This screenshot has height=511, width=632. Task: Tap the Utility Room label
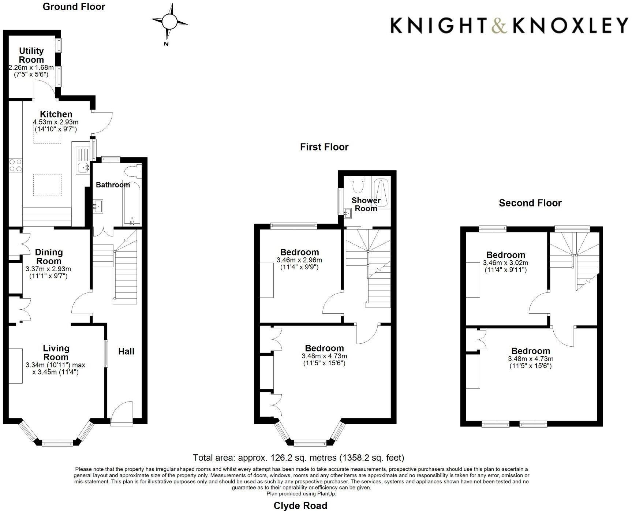click(31, 55)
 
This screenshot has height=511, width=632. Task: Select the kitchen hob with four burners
click(15, 165)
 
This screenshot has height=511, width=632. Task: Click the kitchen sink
click(84, 168)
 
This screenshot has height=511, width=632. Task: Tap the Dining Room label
click(49, 257)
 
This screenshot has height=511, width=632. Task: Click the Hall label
click(126, 351)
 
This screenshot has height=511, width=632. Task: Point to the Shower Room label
click(366, 204)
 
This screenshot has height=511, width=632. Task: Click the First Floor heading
click(324, 147)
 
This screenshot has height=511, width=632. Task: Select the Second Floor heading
click(530, 203)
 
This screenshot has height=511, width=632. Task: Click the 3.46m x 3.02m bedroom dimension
click(505, 263)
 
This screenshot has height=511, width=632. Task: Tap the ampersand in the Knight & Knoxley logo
click(500, 26)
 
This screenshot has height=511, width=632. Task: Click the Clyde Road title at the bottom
click(300, 506)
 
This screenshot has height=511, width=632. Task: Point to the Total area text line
click(298, 458)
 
